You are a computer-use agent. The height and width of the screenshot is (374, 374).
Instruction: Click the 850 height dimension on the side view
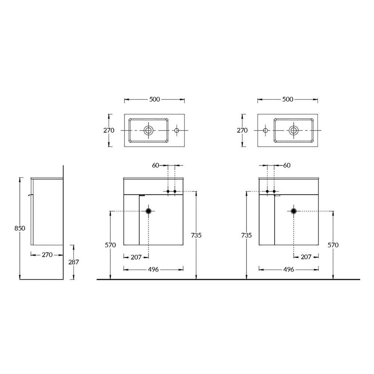[20, 228]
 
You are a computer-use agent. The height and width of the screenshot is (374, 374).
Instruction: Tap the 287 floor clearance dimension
[73, 262]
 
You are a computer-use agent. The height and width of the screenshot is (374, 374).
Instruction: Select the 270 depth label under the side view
[47, 255]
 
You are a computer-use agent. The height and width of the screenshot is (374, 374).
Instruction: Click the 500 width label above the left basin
[154, 99]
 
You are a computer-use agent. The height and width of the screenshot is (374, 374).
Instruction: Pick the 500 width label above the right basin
[288, 99]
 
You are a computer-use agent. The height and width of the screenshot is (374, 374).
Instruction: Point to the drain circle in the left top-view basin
[148, 130]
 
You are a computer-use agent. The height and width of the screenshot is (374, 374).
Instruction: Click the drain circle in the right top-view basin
[294, 130]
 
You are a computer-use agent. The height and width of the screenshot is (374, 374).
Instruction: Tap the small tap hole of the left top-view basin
[177, 130]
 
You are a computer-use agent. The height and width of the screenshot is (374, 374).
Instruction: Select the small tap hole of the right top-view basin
[265, 130]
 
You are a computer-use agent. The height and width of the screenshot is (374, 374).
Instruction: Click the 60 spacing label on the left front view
[156, 165]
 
